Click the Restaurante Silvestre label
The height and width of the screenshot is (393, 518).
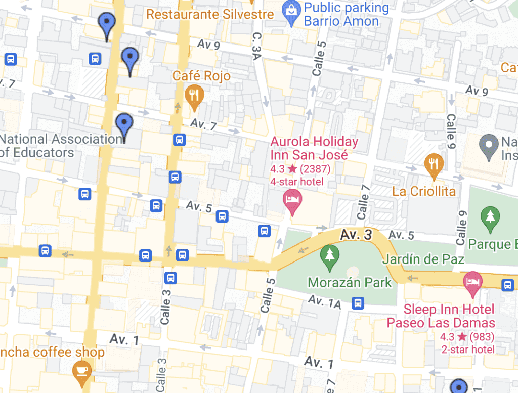[x=210, y=14]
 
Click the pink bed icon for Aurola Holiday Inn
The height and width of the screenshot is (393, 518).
[x=292, y=198]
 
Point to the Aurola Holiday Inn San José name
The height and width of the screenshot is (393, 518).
[x=314, y=148]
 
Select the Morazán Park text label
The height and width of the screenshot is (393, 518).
[x=350, y=282]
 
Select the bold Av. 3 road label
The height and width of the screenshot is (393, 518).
[x=356, y=234]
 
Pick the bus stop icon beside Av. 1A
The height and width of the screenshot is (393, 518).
[x=358, y=303]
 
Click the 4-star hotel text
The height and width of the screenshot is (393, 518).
[x=296, y=181]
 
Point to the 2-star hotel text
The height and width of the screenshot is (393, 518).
[x=467, y=349]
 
